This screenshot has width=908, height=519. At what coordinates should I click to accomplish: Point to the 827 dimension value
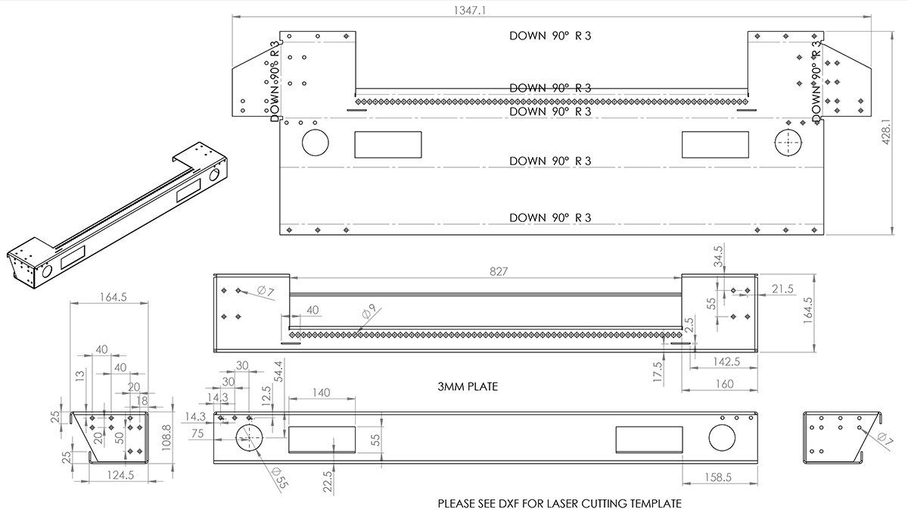[499, 270]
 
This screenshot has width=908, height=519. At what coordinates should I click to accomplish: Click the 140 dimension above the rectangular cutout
[321, 392]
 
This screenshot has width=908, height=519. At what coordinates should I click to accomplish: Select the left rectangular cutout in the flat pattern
[387, 144]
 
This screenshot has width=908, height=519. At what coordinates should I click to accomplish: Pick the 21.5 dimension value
[783, 289]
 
